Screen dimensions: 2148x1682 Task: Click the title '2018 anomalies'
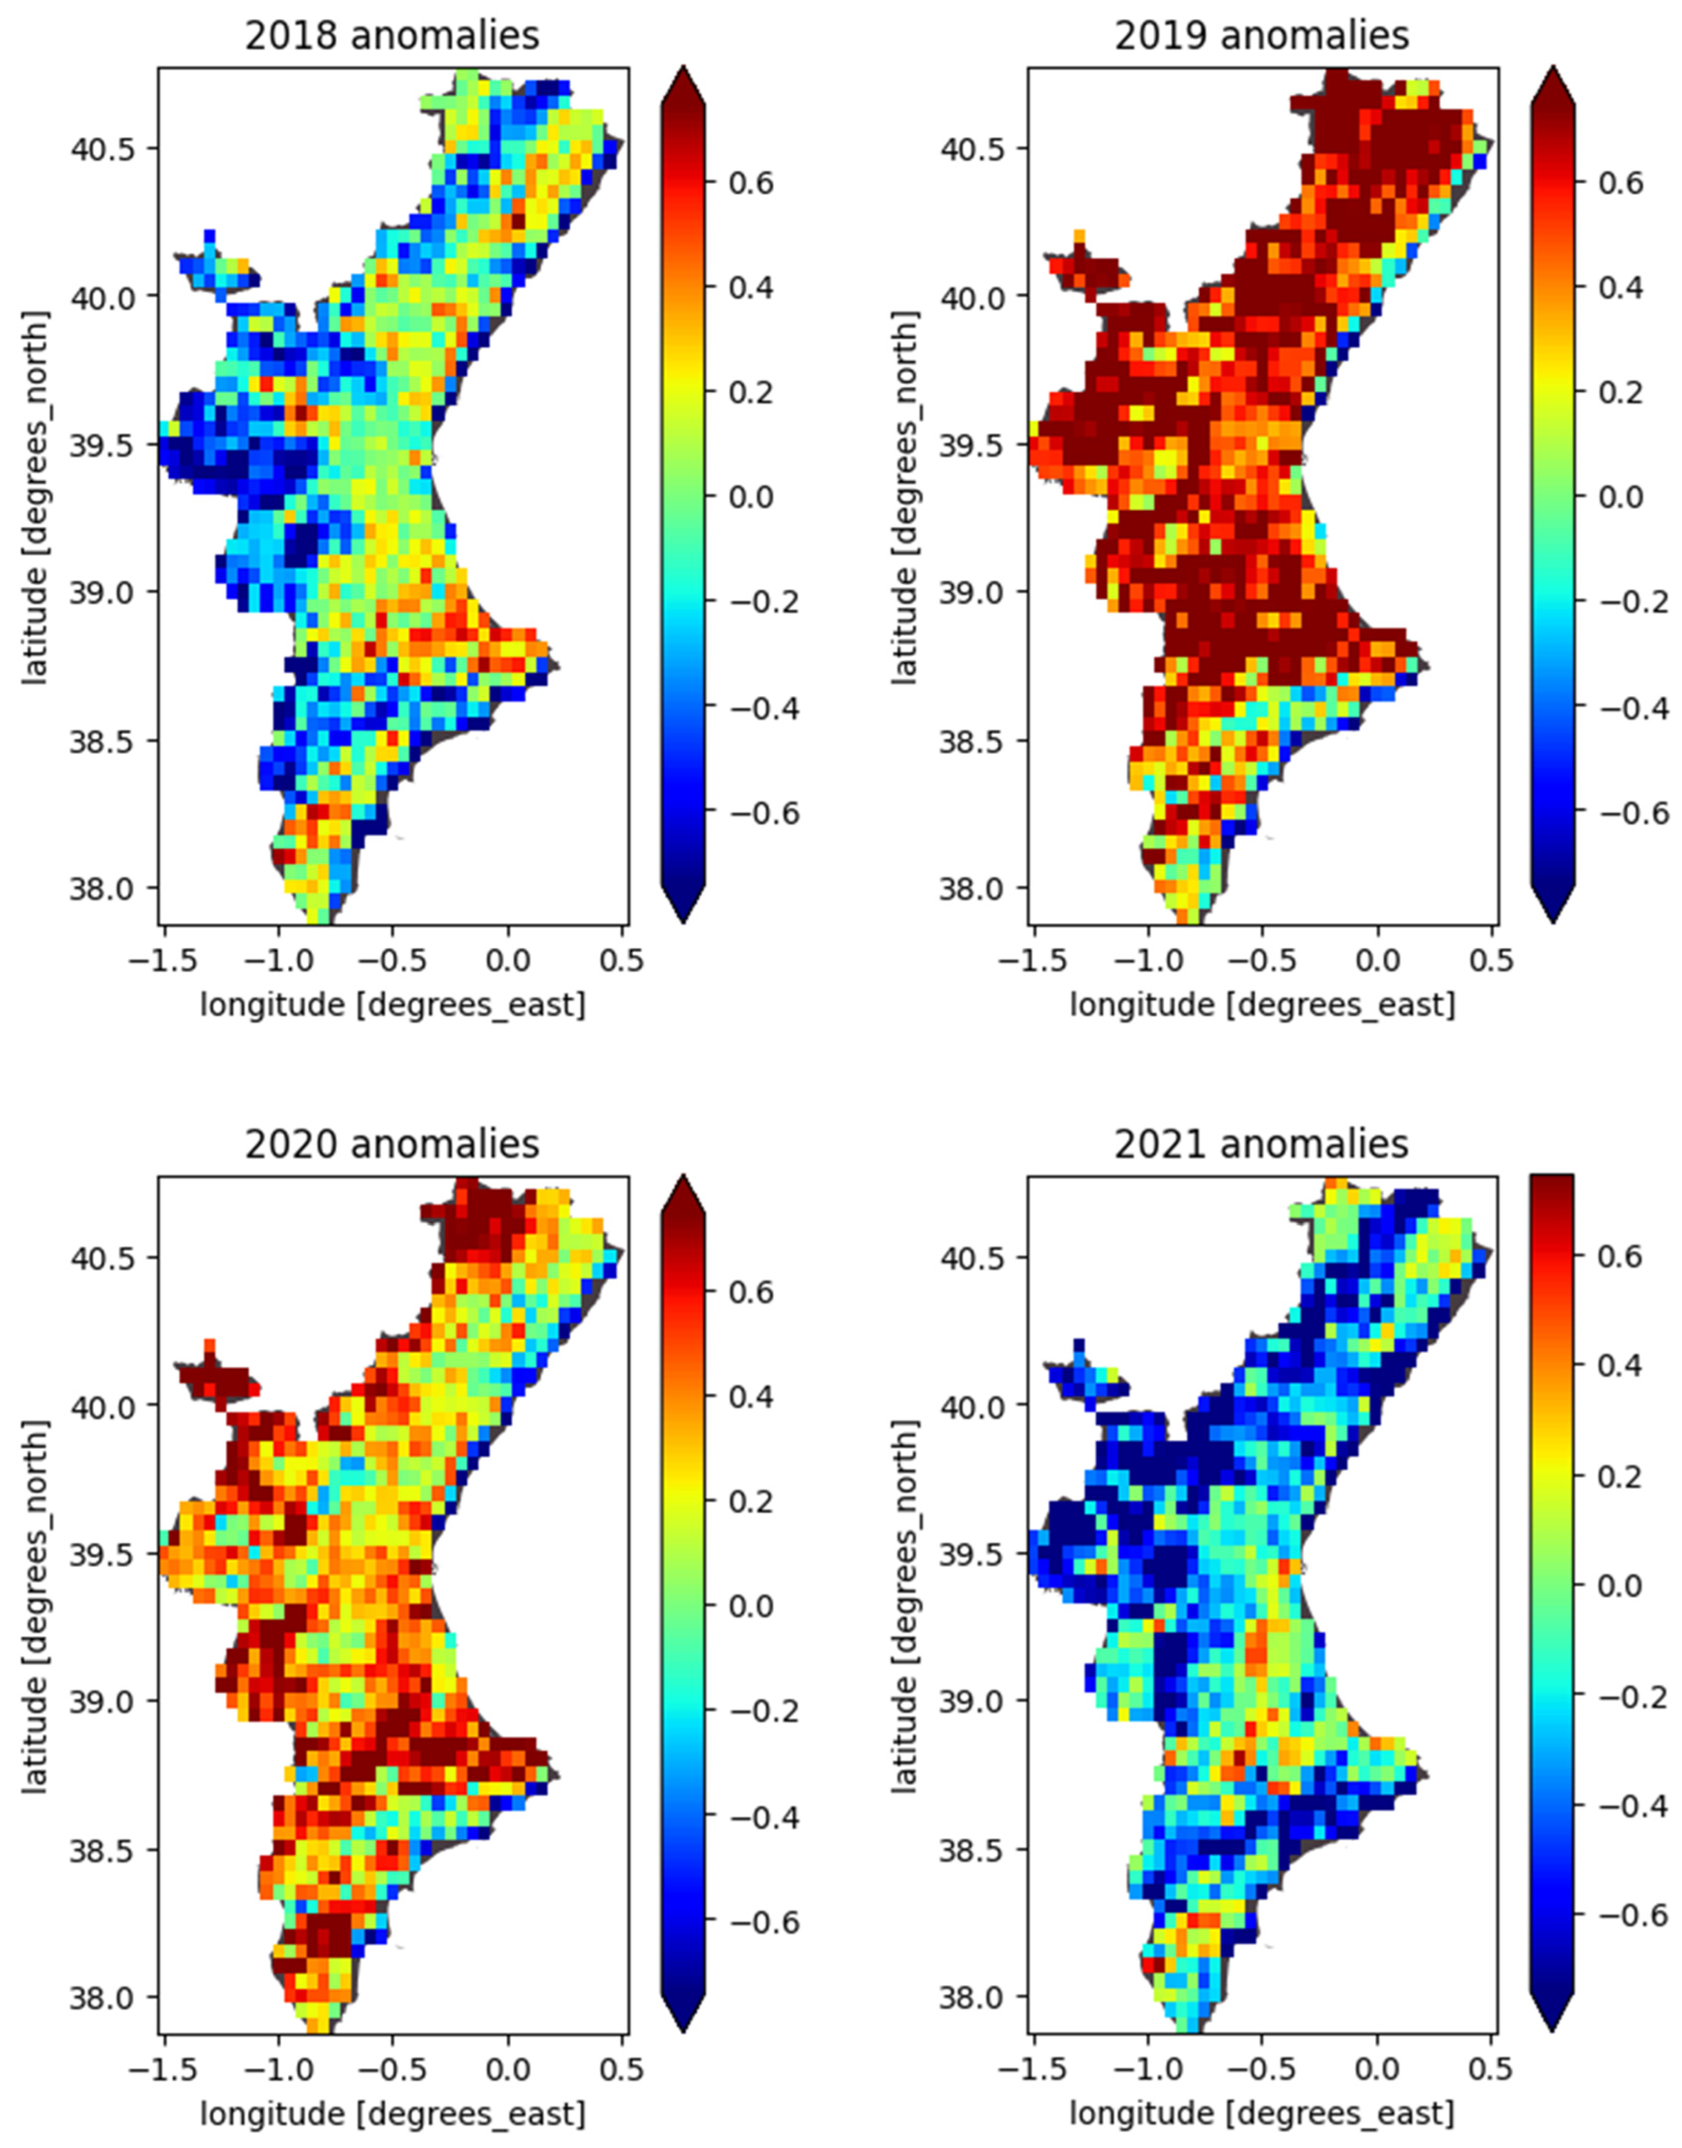[x=392, y=35]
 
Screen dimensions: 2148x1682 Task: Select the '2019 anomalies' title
[x=1261, y=35]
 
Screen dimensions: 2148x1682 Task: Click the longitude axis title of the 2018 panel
[x=392, y=1006]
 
